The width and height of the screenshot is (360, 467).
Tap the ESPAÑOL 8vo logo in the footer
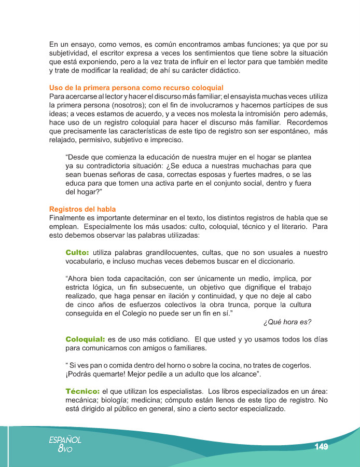pos(65,444)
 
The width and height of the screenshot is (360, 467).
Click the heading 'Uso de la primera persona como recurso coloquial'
pos(136,87)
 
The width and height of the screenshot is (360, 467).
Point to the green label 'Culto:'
pos(77,252)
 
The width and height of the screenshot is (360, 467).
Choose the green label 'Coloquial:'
pos(85,339)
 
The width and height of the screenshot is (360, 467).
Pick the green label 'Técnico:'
pos(82,390)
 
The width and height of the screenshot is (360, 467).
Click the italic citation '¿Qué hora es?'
pos(287,322)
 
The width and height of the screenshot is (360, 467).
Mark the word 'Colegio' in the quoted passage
pos(161,313)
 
